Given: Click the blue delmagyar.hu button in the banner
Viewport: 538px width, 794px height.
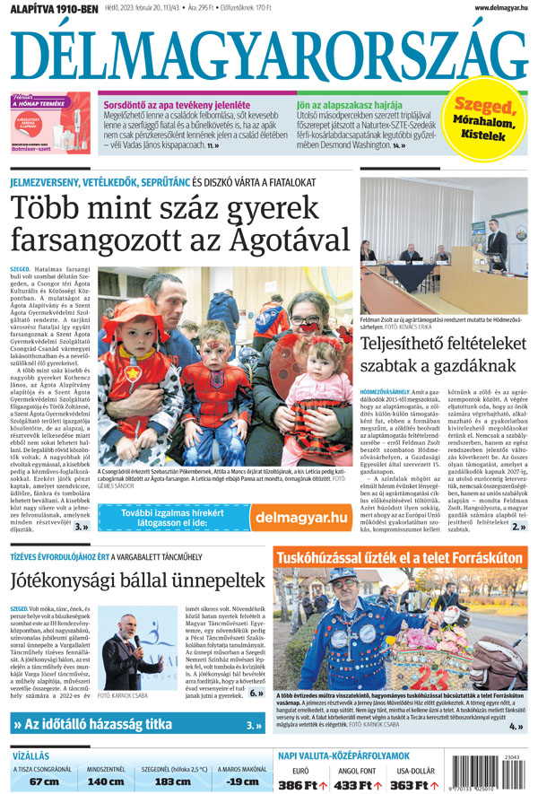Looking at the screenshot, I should coord(300,517).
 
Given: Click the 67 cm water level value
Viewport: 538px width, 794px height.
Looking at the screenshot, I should coord(44,781).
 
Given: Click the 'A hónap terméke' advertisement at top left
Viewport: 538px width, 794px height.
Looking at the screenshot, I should coord(50,123).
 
